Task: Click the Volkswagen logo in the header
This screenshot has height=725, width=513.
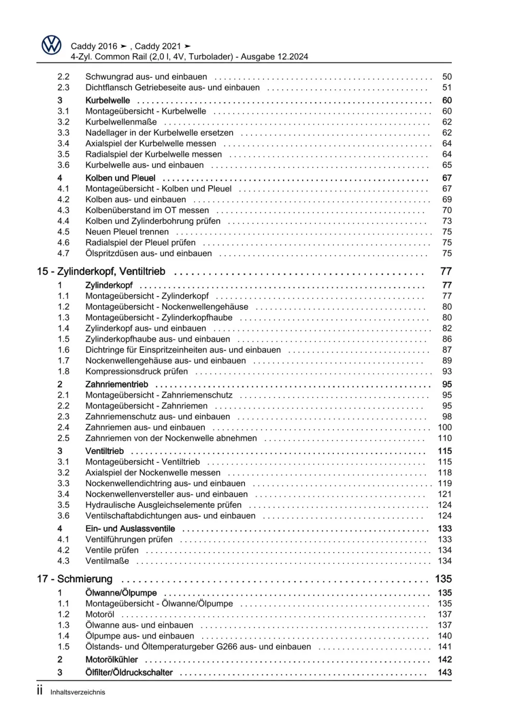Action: pyautogui.click(x=51, y=45)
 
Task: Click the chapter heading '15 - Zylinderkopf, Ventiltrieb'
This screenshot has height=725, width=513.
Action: pyautogui.click(x=101, y=271)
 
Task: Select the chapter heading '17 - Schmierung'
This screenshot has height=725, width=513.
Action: pyautogui.click(x=74, y=579)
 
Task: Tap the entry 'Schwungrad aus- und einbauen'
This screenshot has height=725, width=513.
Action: pyautogui.click(x=146, y=76)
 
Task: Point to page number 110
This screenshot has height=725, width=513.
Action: pyautogui.click(x=444, y=438)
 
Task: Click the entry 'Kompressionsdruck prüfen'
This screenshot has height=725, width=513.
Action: pyautogui.click(x=137, y=371)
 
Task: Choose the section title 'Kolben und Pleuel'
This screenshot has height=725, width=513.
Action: pyautogui.click(x=120, y=178)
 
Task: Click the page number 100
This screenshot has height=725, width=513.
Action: pyautogui.click(x=444, y=427)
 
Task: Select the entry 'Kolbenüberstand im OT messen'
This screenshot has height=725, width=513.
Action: pyautogui.click(x=147, y=210)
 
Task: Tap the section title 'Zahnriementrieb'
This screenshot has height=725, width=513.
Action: pyautogui.click(x=117, y=384)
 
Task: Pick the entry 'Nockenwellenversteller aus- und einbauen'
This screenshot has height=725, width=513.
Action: pyautogui.click(x=166, y=494)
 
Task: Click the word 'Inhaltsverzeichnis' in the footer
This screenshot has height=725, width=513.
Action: pyautogui.click(x=78, y=692)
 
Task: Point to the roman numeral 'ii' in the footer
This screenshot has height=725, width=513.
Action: pyautogui.click(x=40, y=691)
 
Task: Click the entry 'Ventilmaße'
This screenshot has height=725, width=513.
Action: pyautogui.click(x=107, y=561)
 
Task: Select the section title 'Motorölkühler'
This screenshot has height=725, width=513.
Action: pyautogui.click(x=111, y=660)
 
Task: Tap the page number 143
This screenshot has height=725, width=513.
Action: pyautogui.click(x=444, y=673)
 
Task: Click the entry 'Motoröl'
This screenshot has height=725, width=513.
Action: pyautogui.click(x=100, y=615)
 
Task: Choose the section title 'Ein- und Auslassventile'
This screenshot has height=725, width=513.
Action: pyautogui.click(x=130, y=528)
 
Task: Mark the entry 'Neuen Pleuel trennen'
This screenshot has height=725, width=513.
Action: pyautogui.click(x=127, y=232)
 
